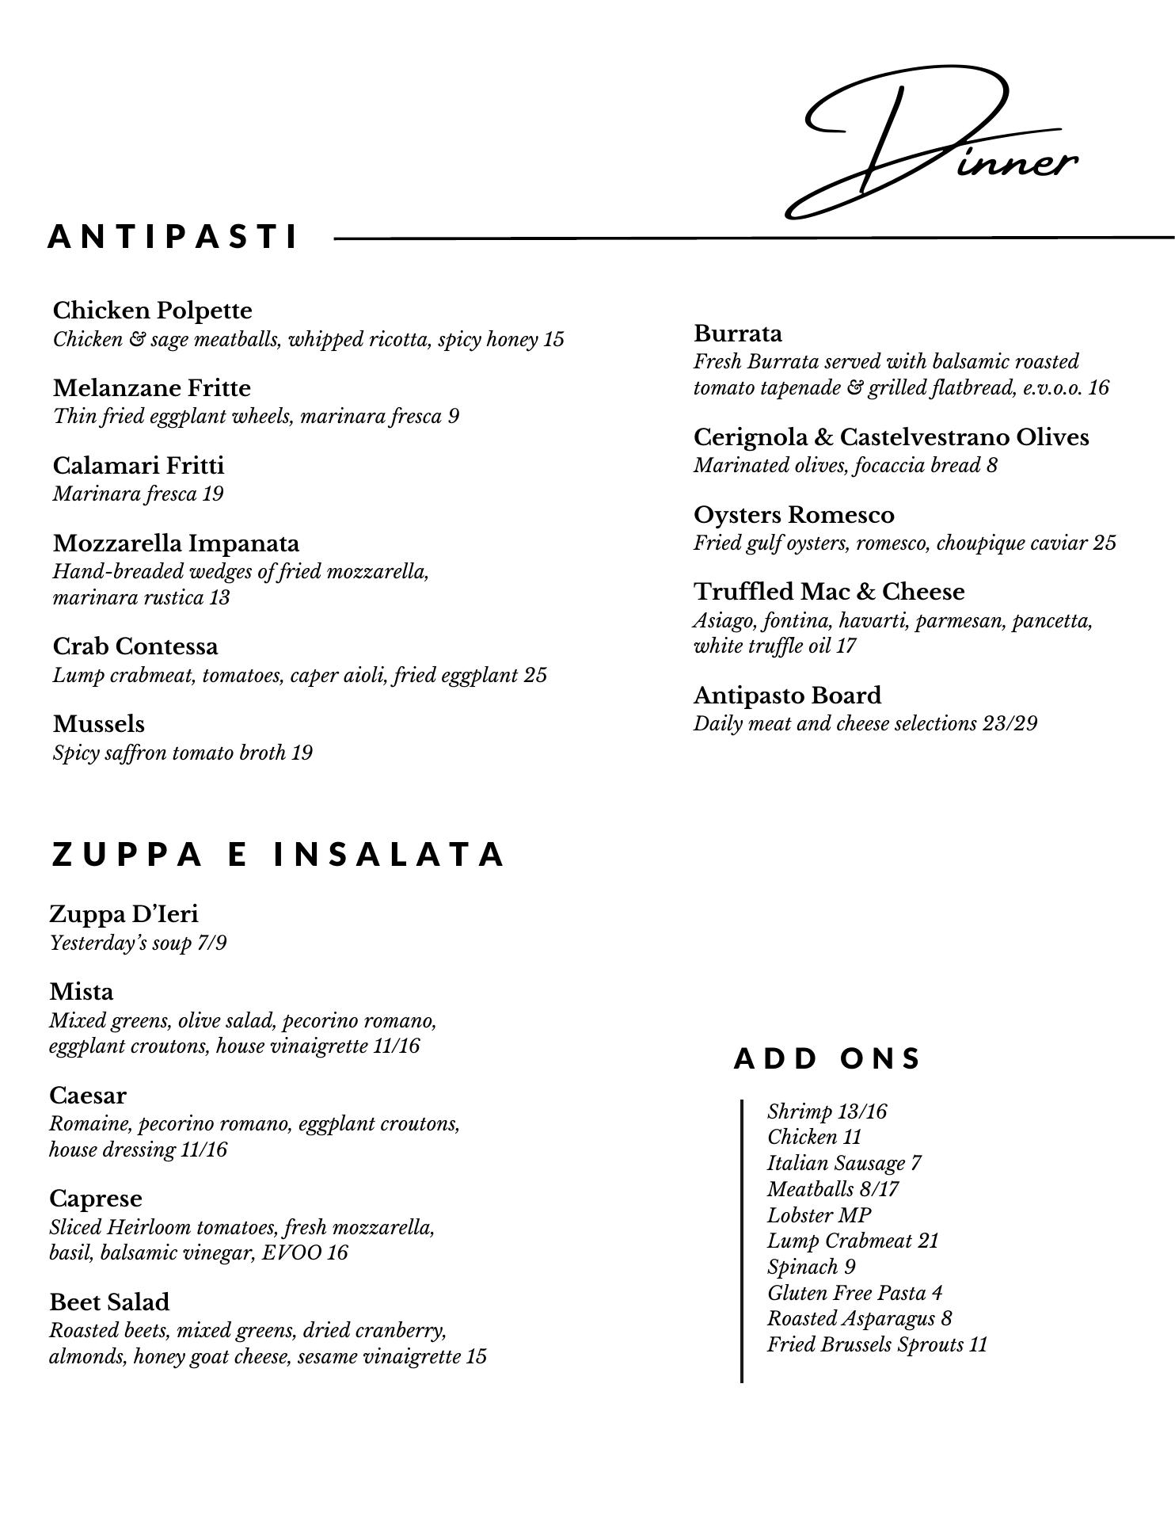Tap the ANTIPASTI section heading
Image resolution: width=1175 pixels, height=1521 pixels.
point(173,237)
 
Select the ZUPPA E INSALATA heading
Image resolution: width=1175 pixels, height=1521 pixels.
point(278,855)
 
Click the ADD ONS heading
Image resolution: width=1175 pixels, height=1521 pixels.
point(827,1058)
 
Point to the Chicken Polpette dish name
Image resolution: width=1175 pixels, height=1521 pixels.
point(152,311)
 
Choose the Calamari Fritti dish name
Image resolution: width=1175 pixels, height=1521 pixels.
point(139,465)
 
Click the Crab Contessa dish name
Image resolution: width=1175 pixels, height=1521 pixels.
point(135,646)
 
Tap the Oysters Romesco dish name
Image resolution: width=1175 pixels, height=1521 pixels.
point(794,515)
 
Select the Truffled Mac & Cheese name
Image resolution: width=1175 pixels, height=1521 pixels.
point(829,592)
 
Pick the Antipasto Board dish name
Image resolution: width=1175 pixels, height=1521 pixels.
point(787,696)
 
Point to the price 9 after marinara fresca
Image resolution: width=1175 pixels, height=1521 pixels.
point(453,417)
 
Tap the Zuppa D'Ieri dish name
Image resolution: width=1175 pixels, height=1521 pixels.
point(124,914)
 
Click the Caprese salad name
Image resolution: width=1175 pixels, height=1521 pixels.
point(96,1199)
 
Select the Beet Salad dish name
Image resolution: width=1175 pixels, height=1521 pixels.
point(109,1302)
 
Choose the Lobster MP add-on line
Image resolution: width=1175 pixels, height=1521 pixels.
point(819,1215)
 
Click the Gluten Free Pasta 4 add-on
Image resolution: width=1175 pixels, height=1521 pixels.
point(854,1293)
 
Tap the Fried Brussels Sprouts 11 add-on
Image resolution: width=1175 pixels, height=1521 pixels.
point(877,1345)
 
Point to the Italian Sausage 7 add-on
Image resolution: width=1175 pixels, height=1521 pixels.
point(844,1164)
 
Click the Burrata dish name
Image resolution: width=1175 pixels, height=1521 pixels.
point(738,334)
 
